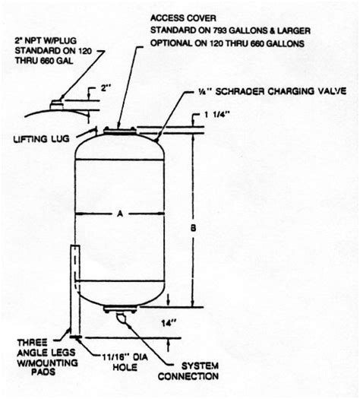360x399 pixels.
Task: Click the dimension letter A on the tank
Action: click(x=119, y=214)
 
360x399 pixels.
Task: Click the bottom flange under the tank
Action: click(x=119, y=308)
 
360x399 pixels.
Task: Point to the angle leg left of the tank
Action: click(x=74, y=289)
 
